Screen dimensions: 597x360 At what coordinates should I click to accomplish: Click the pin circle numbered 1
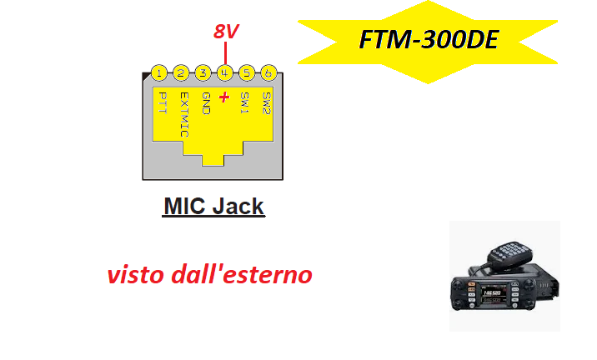159,72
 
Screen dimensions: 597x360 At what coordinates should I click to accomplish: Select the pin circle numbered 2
181,72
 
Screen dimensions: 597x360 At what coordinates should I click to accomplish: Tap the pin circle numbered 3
203,72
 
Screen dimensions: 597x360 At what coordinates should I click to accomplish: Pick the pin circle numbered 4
225,72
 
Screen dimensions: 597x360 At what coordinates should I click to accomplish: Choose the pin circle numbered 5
247,72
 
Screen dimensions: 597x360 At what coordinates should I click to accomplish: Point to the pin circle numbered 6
268,72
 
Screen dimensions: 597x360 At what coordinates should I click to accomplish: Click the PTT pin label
163,102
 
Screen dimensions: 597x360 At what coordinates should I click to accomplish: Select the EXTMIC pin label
184,114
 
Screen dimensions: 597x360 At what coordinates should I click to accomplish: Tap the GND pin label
206,103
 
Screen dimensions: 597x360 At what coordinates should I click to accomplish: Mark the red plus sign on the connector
224,97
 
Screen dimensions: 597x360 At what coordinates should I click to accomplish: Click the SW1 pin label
244,102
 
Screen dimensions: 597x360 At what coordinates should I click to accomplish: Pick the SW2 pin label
267,103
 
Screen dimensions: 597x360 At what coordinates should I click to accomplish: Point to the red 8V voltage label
226,31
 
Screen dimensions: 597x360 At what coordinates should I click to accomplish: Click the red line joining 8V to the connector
225,52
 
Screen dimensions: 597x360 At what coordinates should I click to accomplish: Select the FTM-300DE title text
429,39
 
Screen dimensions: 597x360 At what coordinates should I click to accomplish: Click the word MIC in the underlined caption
184,207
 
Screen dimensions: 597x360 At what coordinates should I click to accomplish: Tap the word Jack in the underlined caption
238,207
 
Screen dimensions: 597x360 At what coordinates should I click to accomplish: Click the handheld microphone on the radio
509,254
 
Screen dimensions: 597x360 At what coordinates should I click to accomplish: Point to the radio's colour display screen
494,294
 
